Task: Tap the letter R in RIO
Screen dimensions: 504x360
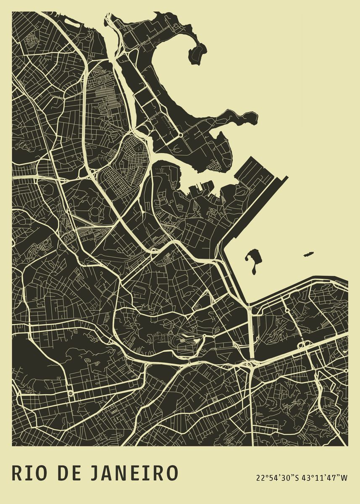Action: [17, 473]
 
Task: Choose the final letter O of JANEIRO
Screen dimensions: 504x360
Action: [171, 473]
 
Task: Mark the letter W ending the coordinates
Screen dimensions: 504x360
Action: [344, 478]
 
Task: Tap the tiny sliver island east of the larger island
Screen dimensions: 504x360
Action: [309, 254]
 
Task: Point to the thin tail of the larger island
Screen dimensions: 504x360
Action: [254, 269]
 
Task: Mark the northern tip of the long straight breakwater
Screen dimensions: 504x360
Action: [286, 178]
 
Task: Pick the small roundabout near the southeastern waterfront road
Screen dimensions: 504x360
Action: [287, 310]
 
